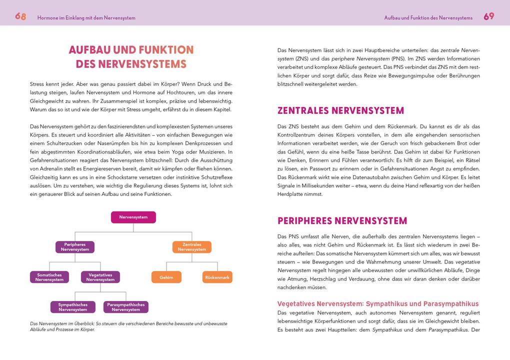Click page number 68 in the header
20,16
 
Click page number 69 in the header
488,16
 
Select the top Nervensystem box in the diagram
133,217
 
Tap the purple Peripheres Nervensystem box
75,247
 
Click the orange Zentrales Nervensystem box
192,247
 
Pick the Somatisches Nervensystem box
49,277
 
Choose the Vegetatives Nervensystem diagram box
100,277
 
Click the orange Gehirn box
166,277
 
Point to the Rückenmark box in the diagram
217,277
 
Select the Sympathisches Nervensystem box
73,307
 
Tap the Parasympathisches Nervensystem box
126,307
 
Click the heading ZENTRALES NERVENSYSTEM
340,110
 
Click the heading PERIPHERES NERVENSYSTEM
342,220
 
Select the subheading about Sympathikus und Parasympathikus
377,303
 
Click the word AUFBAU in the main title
89,50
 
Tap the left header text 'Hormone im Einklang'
86,17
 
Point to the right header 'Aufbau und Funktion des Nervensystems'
428,17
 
